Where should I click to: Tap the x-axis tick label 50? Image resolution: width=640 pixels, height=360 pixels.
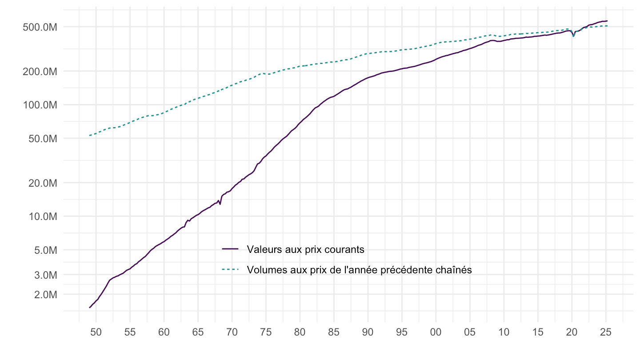(x=96, y=332)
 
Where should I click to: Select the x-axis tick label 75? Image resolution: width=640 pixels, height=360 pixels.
(x=266, y=332)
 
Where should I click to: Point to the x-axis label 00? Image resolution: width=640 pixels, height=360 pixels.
(x=436, y=332)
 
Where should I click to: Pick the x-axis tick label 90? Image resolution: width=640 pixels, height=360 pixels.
(x=368, y=332)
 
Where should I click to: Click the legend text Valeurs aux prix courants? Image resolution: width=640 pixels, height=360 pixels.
(x=305, y=249)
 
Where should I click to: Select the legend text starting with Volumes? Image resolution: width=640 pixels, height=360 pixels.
(x=359, y=269)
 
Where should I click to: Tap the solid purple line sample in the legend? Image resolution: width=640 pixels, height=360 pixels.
(x=231, y=249)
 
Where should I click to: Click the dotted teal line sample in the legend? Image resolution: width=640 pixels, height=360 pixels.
(x=231, y=269)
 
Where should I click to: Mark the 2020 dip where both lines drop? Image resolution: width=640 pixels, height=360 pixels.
(x=573, y=36)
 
